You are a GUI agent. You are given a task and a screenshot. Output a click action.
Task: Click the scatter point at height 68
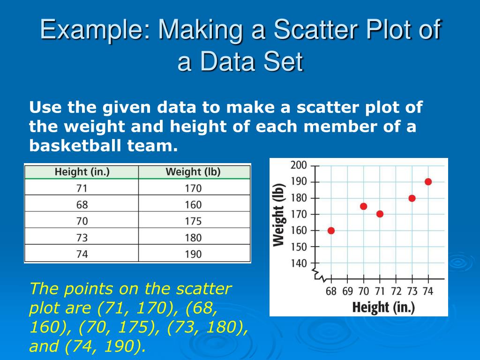click(x=331, y=231)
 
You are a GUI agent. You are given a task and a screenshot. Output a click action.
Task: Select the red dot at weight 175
click(x=363, y=206)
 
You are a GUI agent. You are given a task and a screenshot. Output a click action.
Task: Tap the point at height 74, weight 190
click(x=428, y=182)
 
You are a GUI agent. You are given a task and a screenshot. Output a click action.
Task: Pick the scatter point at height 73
click(x=412, y=198)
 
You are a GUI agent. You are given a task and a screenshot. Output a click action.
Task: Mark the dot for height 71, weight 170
click(x=380, y=214)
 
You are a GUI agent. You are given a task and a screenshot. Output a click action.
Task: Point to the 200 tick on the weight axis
click(x=299, y=165)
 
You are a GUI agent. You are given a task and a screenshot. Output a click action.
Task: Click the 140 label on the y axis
click(x=299, y=263)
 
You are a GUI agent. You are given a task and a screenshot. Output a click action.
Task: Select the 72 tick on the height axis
click(x=396, y=291)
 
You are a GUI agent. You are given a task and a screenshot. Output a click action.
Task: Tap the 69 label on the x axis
click(x=347, y=291)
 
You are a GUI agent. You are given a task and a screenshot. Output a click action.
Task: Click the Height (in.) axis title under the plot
click(x=383, y=307)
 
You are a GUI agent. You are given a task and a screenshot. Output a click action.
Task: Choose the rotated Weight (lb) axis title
click(x=279, y=214)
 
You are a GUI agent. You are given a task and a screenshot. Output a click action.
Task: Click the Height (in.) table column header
click(x=82, y=172)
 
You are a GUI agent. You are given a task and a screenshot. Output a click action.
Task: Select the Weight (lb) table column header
click(x=193, y=172)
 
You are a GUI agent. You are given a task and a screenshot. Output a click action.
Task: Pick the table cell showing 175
click(x=193, y=221)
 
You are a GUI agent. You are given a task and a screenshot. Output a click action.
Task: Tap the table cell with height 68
click(x=82, y=205)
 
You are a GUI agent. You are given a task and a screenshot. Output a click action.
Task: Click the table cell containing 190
click(x=193, y=254)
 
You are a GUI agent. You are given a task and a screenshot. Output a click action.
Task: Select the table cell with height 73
click(x=82, y=238)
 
